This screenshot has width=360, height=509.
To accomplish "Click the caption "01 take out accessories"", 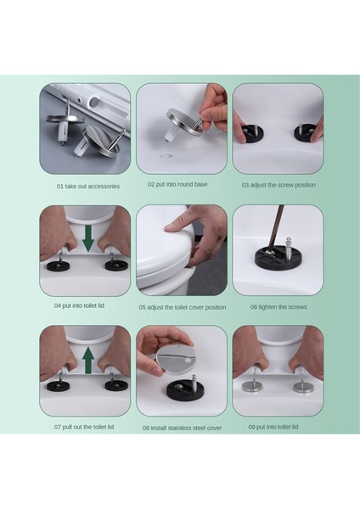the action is [x=88, y=187].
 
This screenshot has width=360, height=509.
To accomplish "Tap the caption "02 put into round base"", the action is [x=177, y=184].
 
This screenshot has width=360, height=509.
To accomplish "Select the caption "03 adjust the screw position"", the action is [x=278, y=185].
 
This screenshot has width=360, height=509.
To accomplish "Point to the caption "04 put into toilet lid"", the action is [x=79, y=305].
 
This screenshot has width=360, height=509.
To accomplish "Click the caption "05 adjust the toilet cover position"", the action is [x=183, y=307].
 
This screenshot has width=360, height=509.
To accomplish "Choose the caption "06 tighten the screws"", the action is [x=278, y=307].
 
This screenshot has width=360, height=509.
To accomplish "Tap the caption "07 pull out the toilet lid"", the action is [x=84, y=427].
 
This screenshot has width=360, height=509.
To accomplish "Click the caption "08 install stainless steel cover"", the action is [x=182, y=428].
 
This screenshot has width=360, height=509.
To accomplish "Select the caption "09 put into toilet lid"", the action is [x=273, y=427].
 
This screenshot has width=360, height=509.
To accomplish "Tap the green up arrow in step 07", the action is [x=88, y=361].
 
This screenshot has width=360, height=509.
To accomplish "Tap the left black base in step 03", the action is [x=252, y=133].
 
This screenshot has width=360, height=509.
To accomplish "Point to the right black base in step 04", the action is [x=116, y=266].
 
